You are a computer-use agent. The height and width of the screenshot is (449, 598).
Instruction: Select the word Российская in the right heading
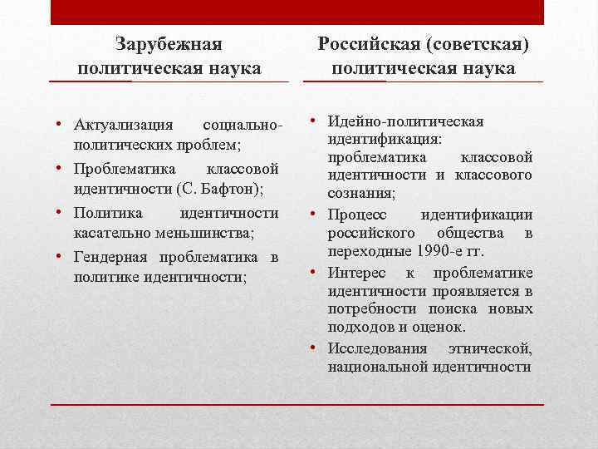(375, 42)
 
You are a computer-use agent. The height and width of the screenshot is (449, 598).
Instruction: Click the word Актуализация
(122, 126)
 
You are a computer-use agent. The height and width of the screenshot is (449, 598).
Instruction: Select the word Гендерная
(109, 255)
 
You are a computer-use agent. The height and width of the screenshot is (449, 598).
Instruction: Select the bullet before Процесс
(316, 215)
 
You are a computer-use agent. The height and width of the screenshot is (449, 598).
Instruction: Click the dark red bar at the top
(297, 12)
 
